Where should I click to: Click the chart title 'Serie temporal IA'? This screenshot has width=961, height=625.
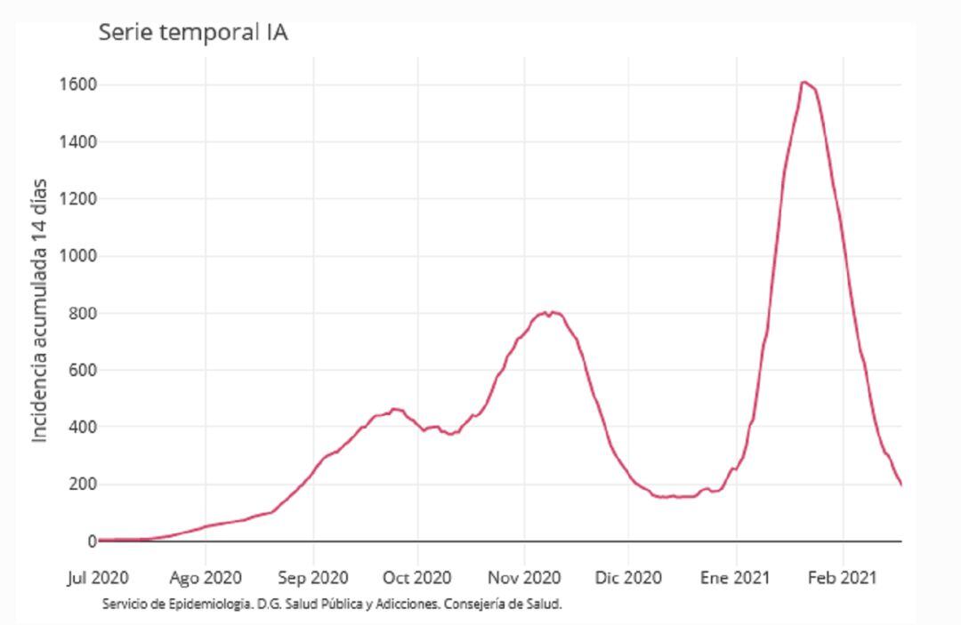coord(193,33)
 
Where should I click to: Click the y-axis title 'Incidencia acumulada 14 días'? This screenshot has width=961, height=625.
coord(39,311)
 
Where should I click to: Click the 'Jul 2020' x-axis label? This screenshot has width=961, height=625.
coord(98,578)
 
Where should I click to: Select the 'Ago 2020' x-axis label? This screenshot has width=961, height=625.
coord(206,578)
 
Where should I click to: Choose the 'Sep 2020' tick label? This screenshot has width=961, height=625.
coord(312,578)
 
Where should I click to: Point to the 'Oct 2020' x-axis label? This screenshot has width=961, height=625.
coord(416,578)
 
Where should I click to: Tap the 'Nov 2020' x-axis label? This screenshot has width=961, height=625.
coord(524,578)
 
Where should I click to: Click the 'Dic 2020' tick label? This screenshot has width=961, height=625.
coord(627,578)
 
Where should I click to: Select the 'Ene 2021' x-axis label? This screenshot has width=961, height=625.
coord(736,578)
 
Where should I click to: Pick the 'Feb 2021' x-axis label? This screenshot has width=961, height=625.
coord(843,578)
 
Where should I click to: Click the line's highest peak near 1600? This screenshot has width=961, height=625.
coord(804,83)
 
